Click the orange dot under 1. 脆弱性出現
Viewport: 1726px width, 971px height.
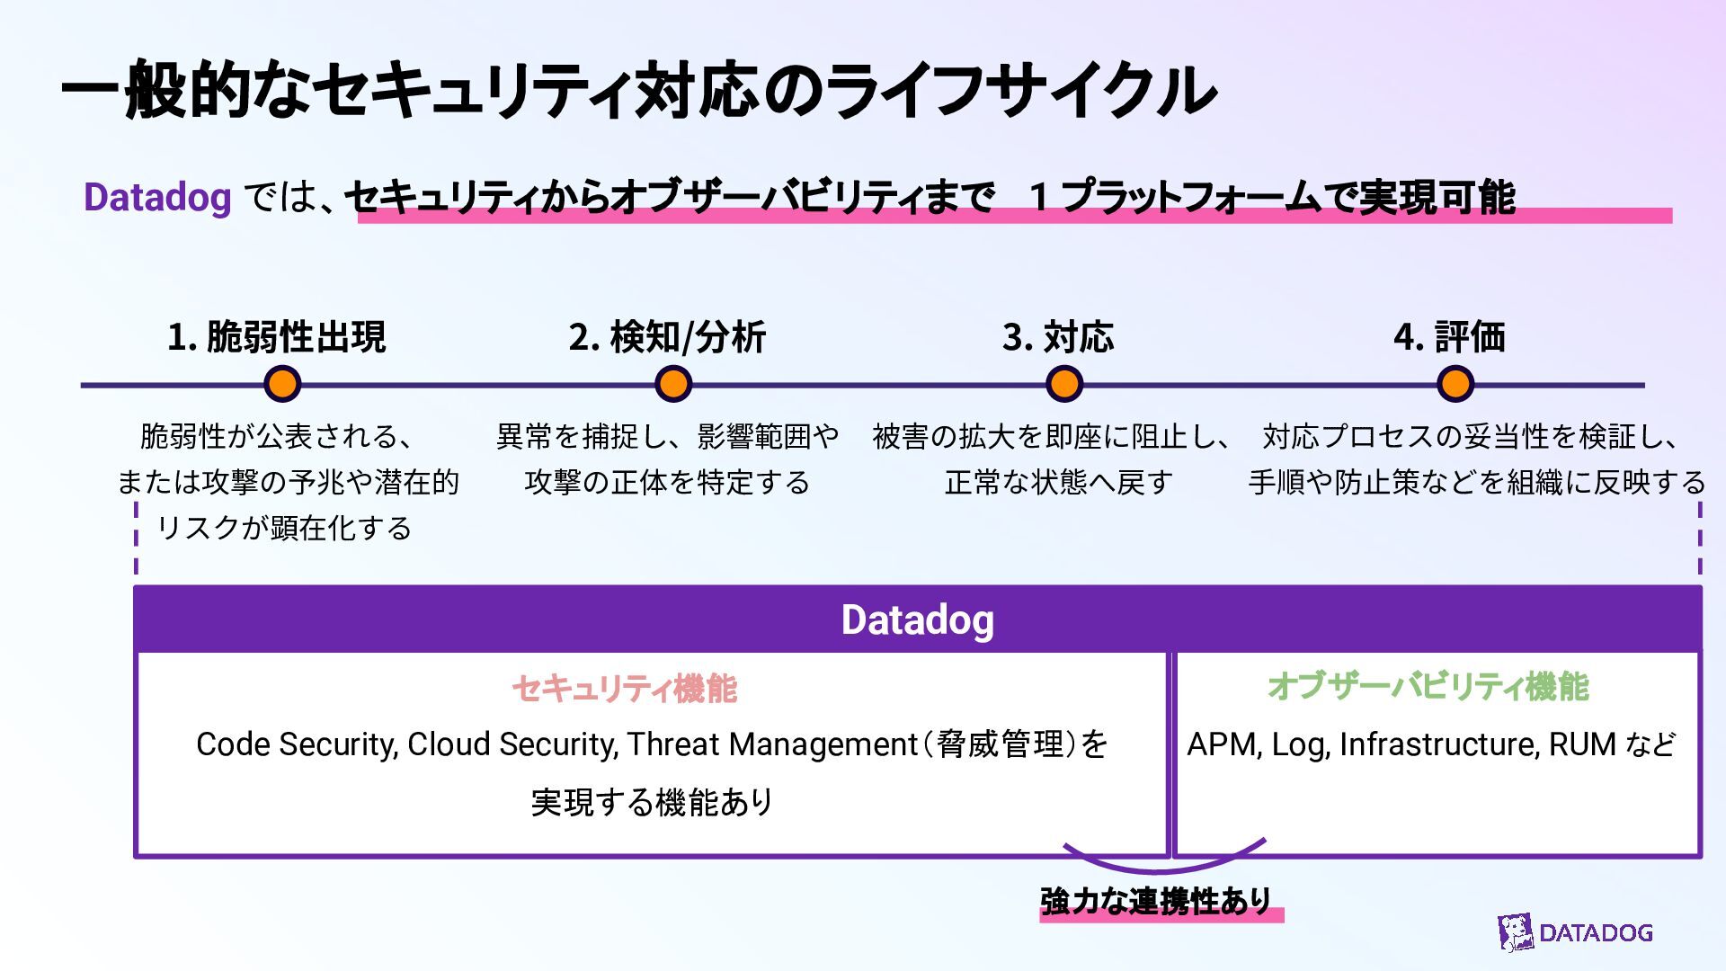[x=282, y=384]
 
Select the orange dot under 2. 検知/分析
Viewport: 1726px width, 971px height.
[x=672, y=384]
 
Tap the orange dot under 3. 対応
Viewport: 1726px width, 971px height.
[x=1064, y=384]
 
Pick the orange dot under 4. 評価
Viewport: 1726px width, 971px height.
[x=1455, y=384]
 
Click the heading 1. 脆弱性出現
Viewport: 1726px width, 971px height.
[x=277, y=337]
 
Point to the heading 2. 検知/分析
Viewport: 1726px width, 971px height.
[x=667, y=337]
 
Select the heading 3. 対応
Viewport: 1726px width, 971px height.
[x=1058, y=337]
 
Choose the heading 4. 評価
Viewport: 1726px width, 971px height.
[x=1449, y=337]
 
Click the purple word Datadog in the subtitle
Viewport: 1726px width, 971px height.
[x=157, y=197]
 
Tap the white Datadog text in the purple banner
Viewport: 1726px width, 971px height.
[x=917, y=619]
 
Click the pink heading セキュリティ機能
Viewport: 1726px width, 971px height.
[x=625, y=689]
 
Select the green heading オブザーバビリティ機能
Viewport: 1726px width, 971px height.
[x=1428, y=687]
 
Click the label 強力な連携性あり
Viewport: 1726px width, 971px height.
[x=1156, y=900]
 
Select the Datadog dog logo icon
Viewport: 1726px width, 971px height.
[x=1516, y=932]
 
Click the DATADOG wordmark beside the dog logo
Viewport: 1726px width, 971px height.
[x=1596, y=932]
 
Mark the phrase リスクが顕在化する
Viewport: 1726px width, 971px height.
[x=284, y=528]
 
